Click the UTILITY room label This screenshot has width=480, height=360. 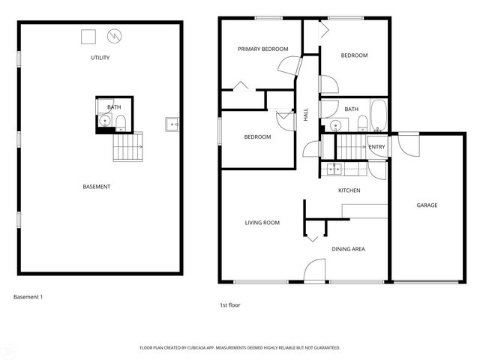point(100,58)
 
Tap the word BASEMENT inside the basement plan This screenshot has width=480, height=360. point(97,186)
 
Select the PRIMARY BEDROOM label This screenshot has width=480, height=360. point(262,49)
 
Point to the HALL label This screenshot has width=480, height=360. point(306,115)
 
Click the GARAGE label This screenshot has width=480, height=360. point(427,205)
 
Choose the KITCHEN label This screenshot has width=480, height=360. point(349,190)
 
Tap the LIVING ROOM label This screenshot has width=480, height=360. point(262,223)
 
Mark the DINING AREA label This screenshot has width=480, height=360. point(348,248)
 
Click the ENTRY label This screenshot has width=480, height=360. point(376,147)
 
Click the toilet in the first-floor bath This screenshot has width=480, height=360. point(361,123)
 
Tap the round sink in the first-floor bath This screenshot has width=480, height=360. point(332,124)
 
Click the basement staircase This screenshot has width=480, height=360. point(128,148)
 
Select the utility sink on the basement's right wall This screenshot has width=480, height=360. point(172,123)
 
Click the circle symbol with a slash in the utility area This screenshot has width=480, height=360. point(114,35)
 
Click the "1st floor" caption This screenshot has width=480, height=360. point(230,305)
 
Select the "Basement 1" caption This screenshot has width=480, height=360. point(28,297)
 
